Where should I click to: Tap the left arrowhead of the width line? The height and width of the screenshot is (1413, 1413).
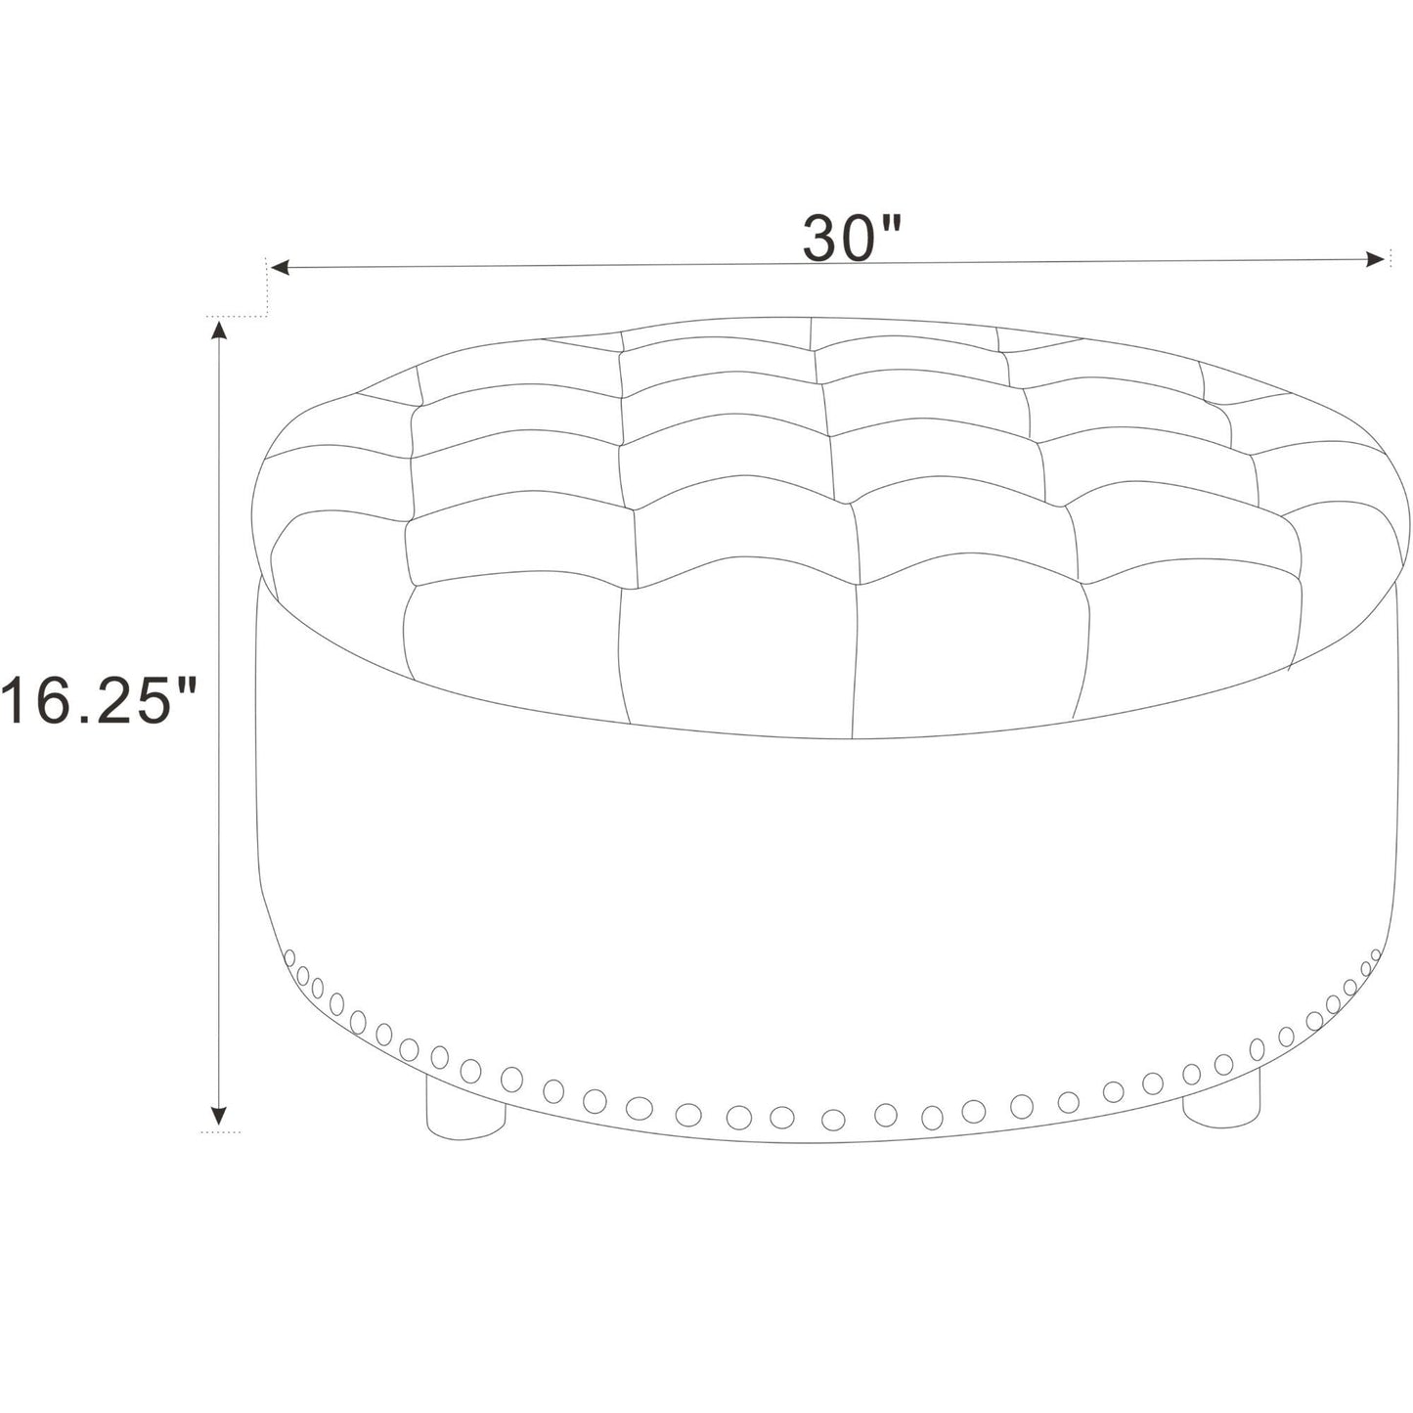pyautogui.click(x=282, y=268)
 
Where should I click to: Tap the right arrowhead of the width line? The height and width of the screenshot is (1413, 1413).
pyautogui.click(x=1374, y=258)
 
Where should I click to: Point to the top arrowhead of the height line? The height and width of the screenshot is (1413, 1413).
pyautogui.click(x=218, y=331)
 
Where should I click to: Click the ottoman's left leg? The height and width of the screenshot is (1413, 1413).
pyautogui.click(x=464, y=1114)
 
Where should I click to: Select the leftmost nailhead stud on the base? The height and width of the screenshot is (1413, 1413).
pyautogui.click(x=288, y=959)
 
